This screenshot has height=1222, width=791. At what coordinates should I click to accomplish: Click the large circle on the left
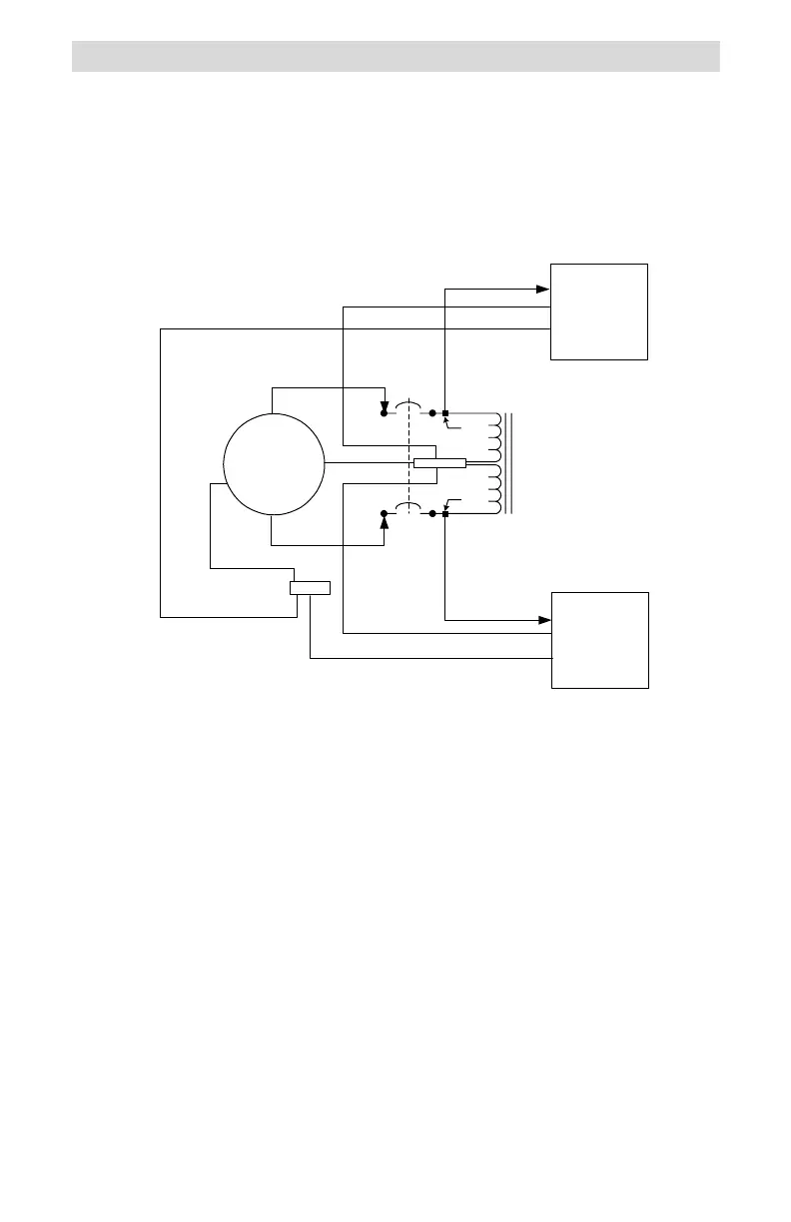(274, 464)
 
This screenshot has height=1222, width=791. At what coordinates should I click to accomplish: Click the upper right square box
(600, 311)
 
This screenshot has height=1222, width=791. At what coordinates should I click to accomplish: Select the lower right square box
(600, 639)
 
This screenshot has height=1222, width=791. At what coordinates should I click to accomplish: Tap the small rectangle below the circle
(310, 587)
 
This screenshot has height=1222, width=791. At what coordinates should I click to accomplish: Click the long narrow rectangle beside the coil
(439, 462)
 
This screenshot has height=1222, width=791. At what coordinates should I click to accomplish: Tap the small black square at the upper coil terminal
(444, 412)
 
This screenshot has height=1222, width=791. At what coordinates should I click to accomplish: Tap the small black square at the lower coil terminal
(444, 514)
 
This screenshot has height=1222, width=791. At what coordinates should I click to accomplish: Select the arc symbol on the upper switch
(407, 406)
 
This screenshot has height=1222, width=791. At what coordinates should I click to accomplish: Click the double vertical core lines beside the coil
(509, 463)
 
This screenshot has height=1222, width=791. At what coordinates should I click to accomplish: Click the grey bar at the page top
(395, 56)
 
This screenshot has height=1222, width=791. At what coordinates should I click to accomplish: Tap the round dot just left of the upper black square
(432, 412)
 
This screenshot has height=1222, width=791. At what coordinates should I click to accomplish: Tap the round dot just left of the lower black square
(432, 514)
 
